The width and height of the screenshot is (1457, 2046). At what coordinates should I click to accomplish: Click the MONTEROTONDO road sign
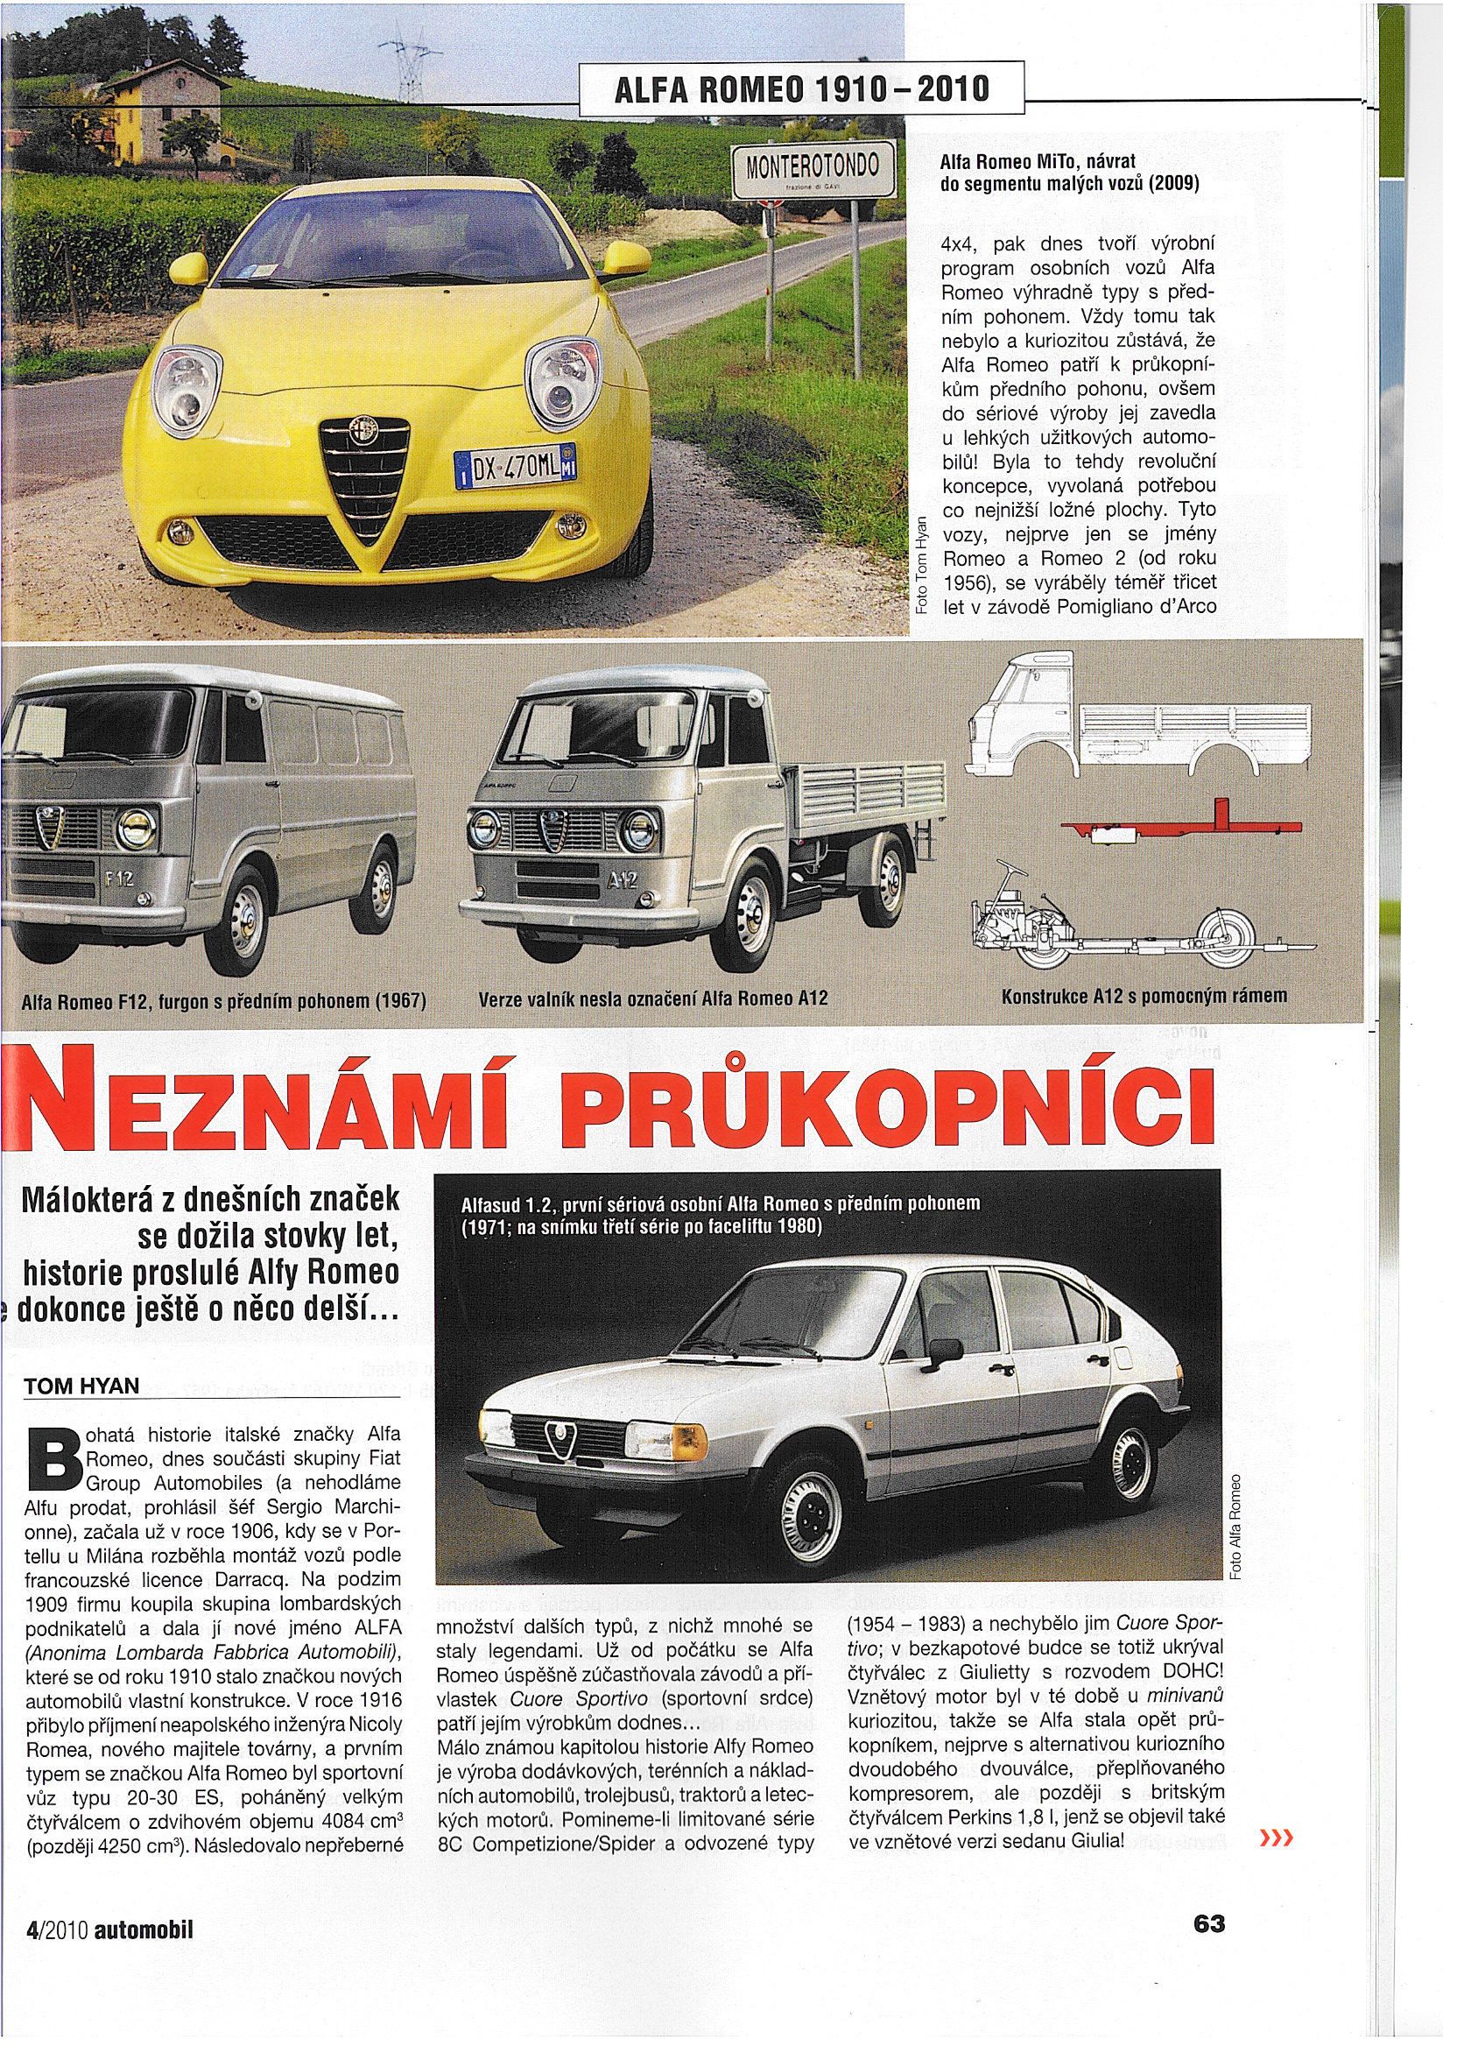pyautogui.click(x=814, y=170)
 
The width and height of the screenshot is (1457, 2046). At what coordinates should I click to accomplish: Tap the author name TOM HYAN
pyautogui.click(x=81, y=1386)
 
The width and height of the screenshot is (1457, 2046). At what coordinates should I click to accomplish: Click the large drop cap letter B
pyautogui.click(x=52, y=1460)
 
